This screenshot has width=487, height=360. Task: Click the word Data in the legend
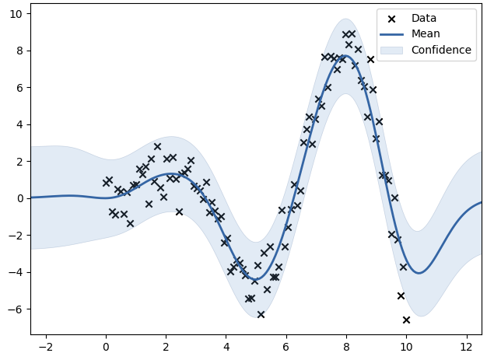coord(424,18)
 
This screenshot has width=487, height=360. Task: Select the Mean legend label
coord(426,34)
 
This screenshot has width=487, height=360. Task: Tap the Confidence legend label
coord(441,50)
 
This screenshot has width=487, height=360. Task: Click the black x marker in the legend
coord(392,18)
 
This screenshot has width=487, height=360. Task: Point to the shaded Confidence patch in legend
coord(392,50)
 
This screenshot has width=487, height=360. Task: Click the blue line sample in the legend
coord(392,34)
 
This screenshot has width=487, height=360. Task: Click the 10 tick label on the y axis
coord(15,14)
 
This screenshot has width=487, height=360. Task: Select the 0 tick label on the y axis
coord(18,198)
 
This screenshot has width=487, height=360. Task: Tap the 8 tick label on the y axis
coord(18,51)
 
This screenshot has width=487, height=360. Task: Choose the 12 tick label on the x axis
coord(466,346)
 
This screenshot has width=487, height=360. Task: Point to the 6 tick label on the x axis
coord(286,346)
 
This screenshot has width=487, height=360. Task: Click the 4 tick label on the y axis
coord(18,124)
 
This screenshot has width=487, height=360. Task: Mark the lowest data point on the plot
coord(406,320)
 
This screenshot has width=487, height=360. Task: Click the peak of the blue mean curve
coord(343,55)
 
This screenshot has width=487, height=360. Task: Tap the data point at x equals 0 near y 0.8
coord(106,183)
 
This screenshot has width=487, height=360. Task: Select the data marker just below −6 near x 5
coord(261,314)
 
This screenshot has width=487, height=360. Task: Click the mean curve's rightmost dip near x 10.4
coord(419,273)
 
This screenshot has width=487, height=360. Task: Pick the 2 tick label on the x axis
coord(166,346)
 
